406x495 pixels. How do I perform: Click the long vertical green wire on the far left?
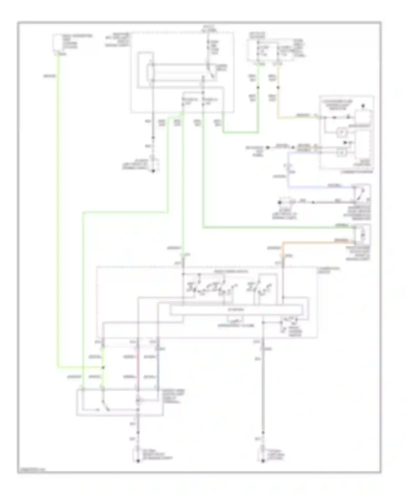(x=58, y=217)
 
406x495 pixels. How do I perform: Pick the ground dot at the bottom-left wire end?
(x=138, y=461)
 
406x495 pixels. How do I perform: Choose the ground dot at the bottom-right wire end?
(x=263, y=461)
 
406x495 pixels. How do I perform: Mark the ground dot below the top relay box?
(x=153, y=171)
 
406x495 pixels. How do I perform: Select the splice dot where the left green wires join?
(x=103, y=367)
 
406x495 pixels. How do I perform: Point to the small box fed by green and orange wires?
(x=362, y=234)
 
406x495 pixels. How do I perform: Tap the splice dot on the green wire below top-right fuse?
(x=258, y=87)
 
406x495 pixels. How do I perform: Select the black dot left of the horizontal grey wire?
(x=280, y=202)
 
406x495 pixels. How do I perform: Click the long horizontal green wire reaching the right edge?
(x=271, y=228)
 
